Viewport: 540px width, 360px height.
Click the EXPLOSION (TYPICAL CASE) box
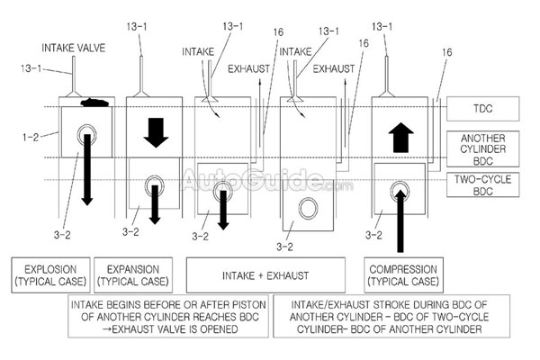click(47, 274)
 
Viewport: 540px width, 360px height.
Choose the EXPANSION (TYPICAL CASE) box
click(132, 274)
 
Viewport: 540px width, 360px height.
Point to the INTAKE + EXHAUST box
click(265, 274)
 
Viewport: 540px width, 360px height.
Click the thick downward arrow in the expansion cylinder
click(156, 132)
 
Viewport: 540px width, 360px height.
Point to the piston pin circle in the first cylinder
click(87, 137)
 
